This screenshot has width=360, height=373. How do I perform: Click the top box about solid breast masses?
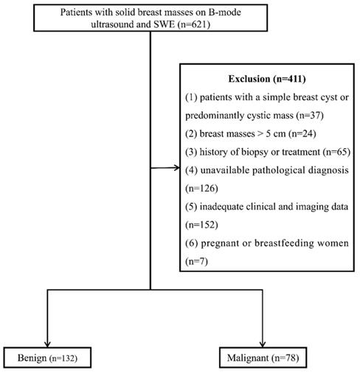click(150, 18)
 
